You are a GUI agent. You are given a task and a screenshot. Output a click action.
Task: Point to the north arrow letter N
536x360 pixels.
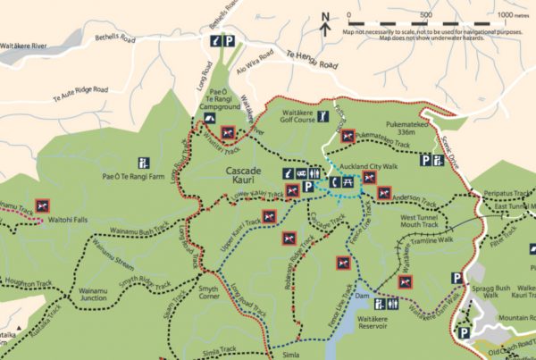(325, 15)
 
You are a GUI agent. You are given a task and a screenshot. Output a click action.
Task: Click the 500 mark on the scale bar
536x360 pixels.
(426, 15)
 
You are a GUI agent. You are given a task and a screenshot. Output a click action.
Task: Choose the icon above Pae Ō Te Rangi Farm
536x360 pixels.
(142, 163)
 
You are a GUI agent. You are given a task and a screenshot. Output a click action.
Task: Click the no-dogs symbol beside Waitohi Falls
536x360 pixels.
(41, 205)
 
